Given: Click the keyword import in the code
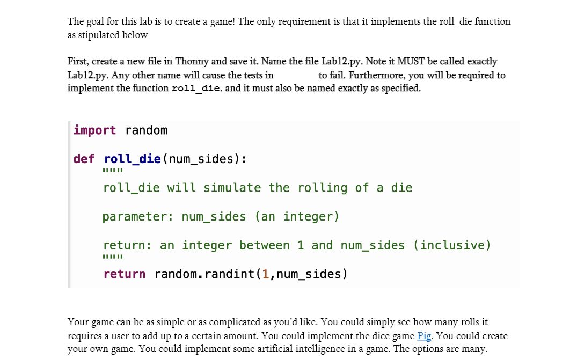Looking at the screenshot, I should coord(94,130).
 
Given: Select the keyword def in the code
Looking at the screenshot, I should coord(84,159).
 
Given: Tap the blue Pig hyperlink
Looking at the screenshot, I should coord(425,336).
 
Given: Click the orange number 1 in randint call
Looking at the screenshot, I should coord(266,274).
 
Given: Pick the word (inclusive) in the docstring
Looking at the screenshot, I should coord(452,245).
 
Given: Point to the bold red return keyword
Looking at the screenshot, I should coord(124,274).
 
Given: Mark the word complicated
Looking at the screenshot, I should coord(235,322).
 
